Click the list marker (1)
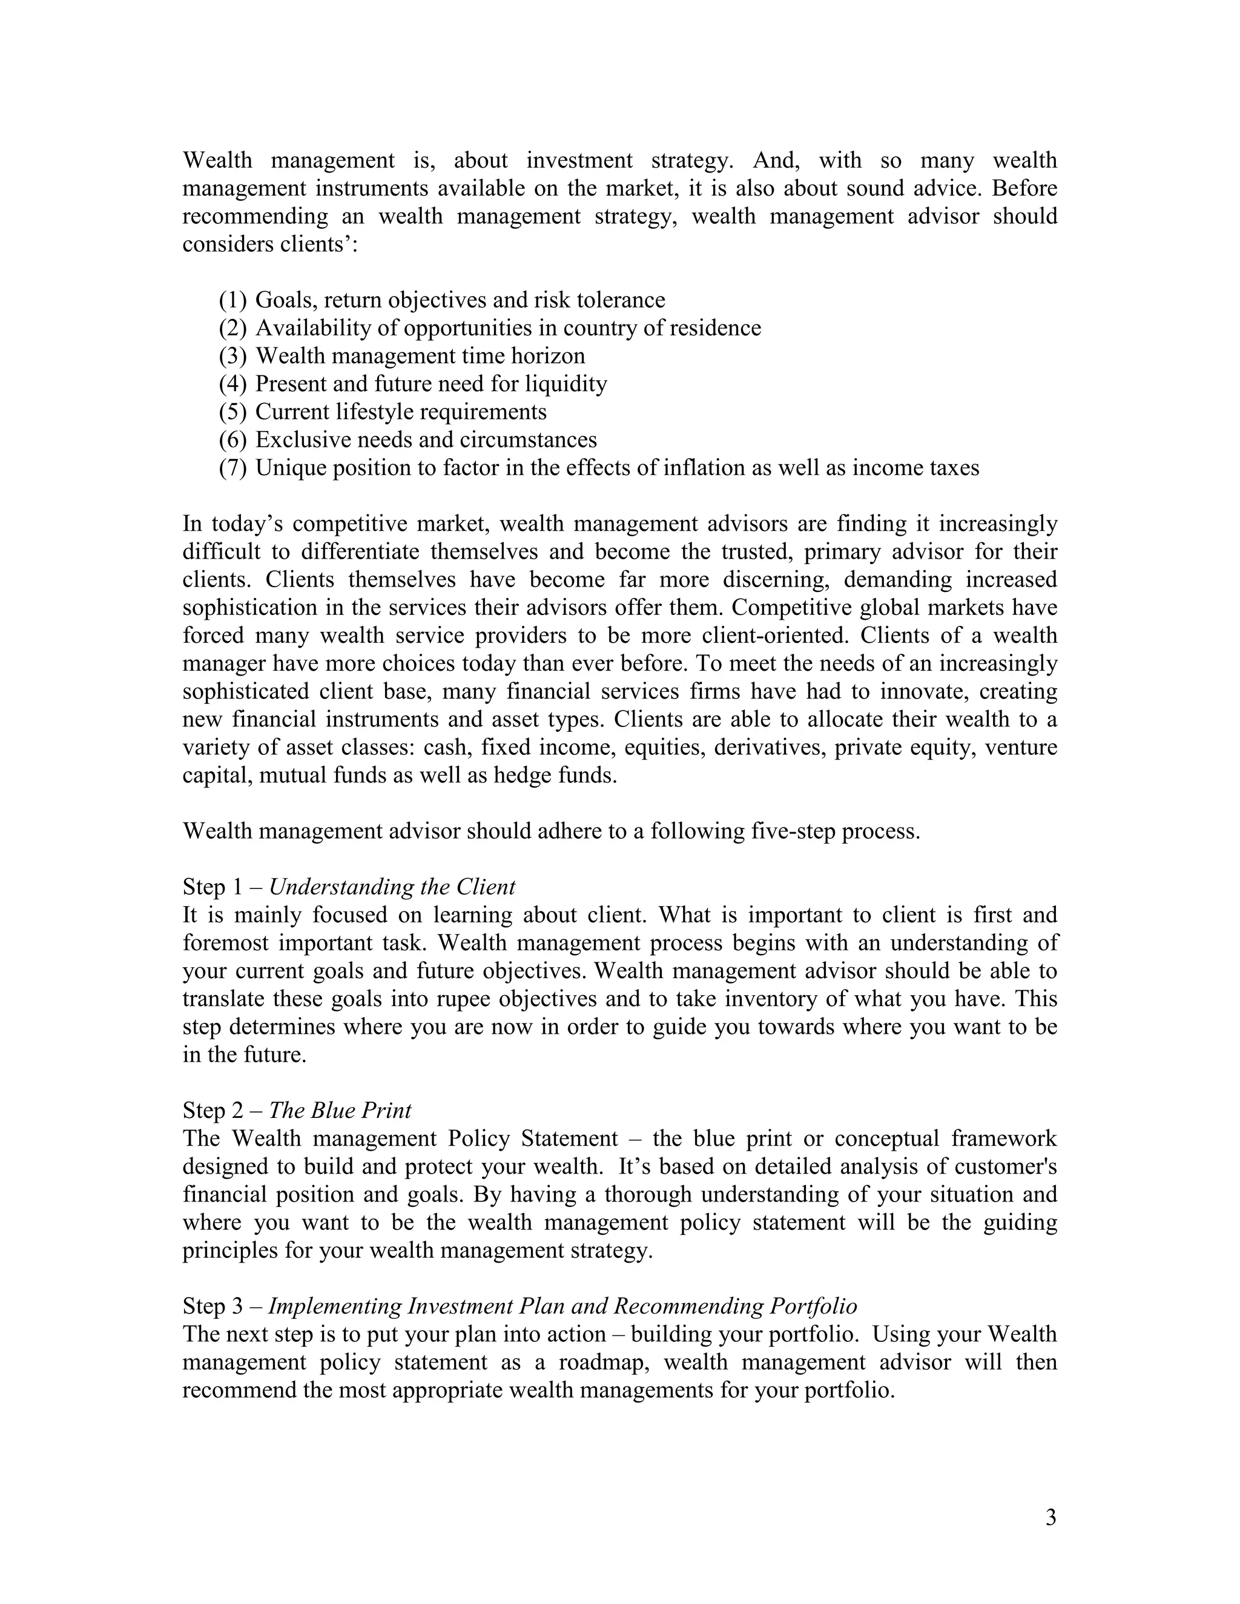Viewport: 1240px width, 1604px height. [233, 300]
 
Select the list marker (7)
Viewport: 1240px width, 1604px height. [233, 468]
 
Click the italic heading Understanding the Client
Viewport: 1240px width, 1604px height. [392, 887]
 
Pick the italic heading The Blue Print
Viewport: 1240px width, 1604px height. [340, 1111]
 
